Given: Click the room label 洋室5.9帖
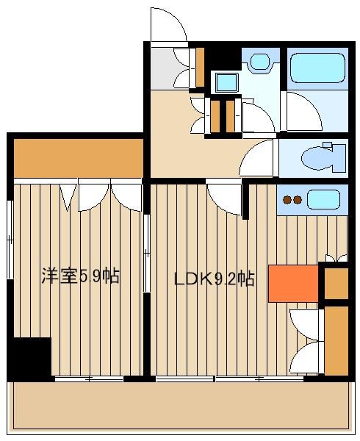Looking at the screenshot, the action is tap(81, 276).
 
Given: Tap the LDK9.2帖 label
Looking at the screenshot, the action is tap(215, 279).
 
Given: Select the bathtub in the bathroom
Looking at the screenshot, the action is tap(317, 68).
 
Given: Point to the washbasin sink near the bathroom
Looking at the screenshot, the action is tap(260, 62).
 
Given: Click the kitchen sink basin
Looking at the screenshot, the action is tap(323, 199).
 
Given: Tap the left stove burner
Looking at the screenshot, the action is tap(287, 200).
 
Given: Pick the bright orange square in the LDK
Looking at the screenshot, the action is tap(293, 284).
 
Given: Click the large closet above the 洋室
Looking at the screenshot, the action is tap(79, 158).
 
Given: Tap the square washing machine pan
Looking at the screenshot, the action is tap(226, 82).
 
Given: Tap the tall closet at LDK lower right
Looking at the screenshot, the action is tap(336, 340).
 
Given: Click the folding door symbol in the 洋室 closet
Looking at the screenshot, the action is tap(68, 197).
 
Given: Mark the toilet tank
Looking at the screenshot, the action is tap(339, 158).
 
